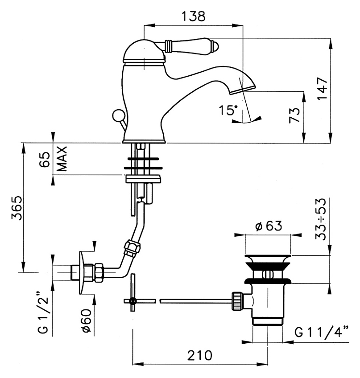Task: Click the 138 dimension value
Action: coord(194,16)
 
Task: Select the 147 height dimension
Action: coord(322,89)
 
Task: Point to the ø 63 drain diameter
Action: coord(269,226)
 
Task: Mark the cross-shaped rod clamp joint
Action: coord(132,301)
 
